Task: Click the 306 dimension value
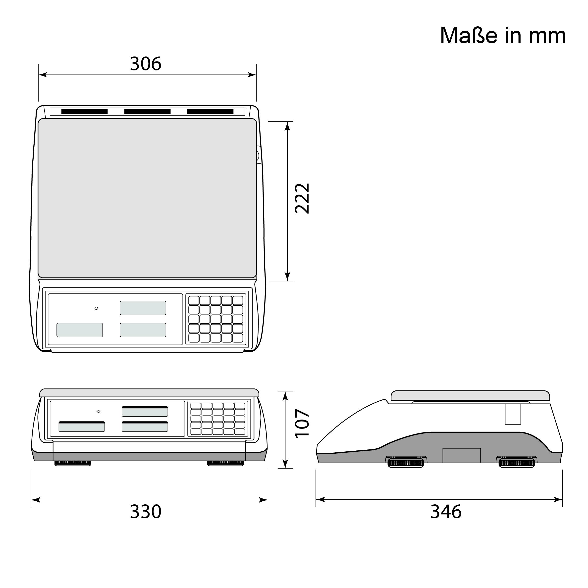146,64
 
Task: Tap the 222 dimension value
302,198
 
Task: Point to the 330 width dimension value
146,512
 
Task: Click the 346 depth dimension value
446,512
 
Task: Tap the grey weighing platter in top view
147,198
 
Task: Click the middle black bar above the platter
147,112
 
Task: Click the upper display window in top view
143,308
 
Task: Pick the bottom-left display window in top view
80,330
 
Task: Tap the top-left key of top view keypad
194,300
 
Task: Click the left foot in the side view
405,463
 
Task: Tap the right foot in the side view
516,463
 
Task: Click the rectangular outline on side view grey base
461,455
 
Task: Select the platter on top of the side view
470,396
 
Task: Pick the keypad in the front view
218,419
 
